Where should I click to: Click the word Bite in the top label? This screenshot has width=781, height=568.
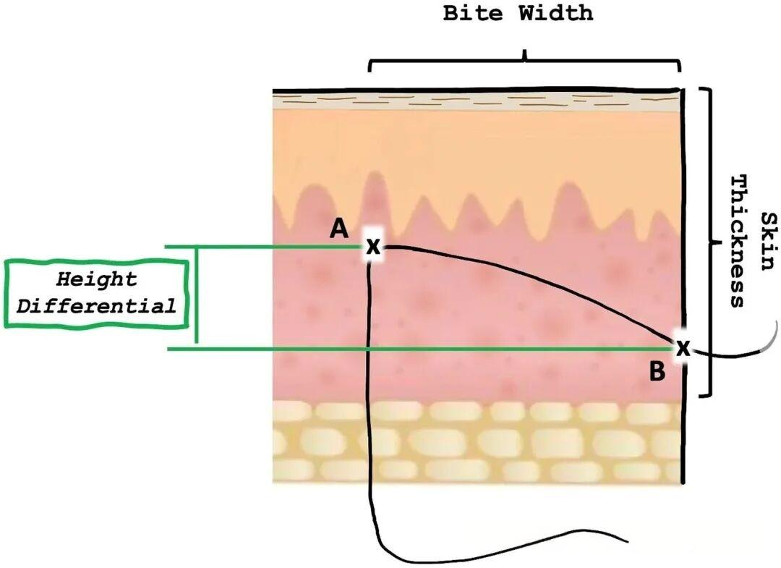[474, 13]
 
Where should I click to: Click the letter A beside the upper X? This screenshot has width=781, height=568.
[338, 229]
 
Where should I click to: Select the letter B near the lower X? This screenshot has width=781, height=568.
[657, 372]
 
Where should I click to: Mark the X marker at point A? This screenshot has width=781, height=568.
[372, 247]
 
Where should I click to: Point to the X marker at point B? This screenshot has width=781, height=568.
[682, 349]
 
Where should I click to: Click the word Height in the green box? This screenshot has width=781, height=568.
[96, 279]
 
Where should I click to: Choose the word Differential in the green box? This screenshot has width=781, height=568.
[96, 305]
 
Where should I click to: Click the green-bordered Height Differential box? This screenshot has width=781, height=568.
[96, 292]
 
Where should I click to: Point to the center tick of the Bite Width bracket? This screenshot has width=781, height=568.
[525, 55]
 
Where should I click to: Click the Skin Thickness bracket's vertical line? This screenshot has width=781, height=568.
[714, 242]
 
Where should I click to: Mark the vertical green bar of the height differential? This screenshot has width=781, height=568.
[196, 298]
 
